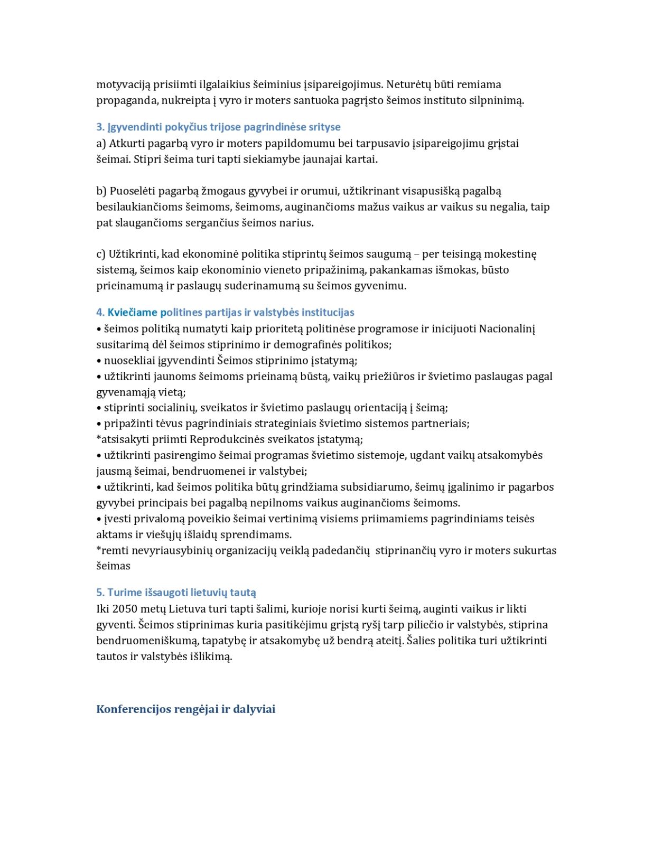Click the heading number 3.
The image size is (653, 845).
pos(100,127)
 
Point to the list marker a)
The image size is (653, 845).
pos(101,143)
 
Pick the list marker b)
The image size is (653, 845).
pos(101,191)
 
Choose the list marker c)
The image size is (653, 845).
pos(101,254)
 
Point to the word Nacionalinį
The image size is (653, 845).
pos(507,328)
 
